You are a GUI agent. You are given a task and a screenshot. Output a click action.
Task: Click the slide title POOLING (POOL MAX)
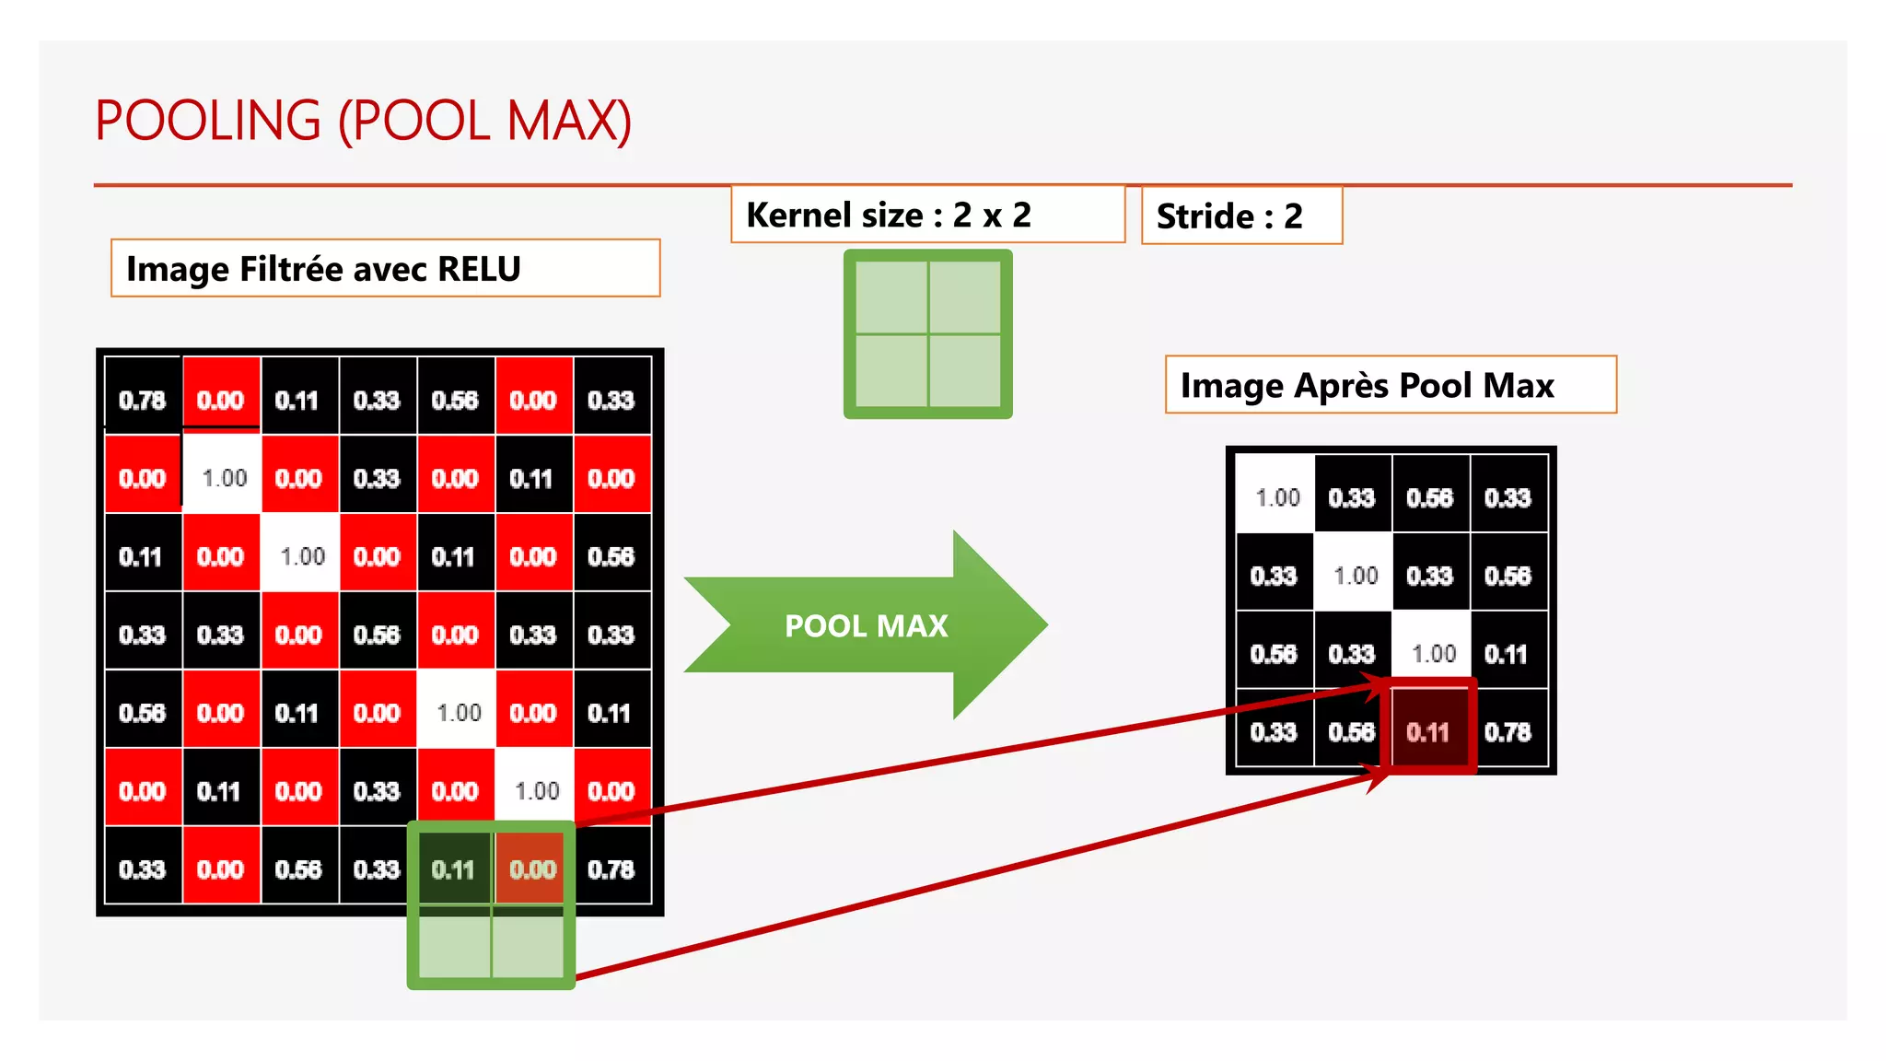363,121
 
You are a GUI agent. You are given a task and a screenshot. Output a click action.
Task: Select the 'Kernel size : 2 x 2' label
888,216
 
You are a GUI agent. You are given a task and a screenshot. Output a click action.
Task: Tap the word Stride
1205,216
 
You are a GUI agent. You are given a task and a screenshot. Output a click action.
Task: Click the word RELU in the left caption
479,269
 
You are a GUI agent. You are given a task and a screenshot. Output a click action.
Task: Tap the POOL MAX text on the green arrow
866,626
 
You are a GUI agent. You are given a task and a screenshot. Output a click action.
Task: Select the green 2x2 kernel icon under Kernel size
927,334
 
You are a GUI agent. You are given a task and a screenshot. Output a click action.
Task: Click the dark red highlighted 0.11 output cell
1428,732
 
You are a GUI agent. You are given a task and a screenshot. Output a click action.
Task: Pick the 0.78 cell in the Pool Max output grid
1508,732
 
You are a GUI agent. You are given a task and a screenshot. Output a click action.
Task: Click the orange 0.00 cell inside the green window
532,869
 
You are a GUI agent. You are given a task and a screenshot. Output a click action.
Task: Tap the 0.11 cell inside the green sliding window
453,869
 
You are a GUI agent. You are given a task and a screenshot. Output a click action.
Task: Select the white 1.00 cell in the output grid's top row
1276,497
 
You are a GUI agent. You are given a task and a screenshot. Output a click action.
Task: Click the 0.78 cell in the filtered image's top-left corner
142,400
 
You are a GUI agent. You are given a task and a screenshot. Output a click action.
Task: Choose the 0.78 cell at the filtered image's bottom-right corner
611,869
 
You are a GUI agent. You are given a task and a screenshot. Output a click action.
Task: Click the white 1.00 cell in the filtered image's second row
224,478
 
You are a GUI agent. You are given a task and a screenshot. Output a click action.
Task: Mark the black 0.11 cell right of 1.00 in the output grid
1507,654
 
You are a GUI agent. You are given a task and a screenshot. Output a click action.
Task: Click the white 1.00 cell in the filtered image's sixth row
537,791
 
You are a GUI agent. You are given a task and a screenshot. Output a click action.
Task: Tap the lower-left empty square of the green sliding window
455,946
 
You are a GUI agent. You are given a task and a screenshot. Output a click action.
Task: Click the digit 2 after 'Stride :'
1293,216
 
